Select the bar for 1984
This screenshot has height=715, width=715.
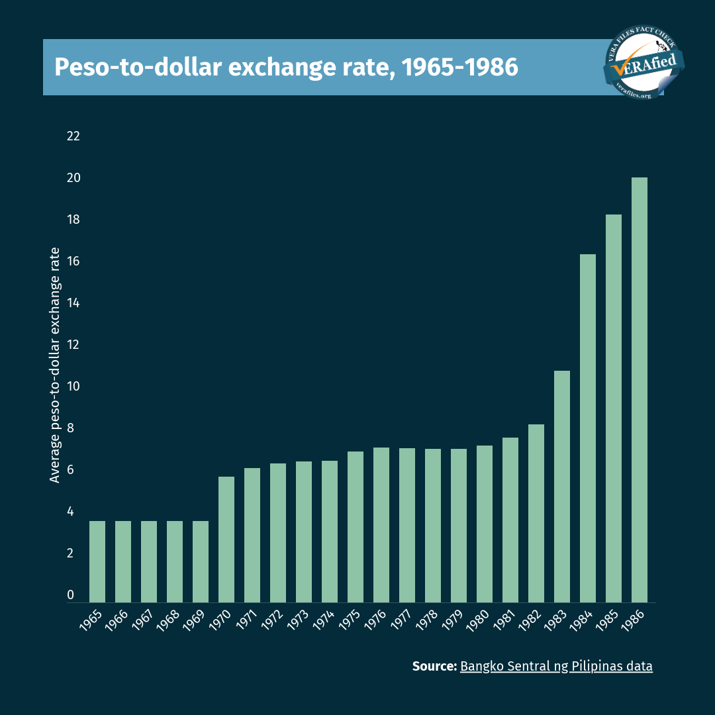(x=587, y=428)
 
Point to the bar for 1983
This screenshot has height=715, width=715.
(x=561, y=486)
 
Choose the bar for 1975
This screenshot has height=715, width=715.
(x=356, y=526)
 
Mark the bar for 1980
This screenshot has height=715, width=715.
(x=485, y=523)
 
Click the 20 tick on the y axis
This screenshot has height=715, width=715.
(x=73, y=178)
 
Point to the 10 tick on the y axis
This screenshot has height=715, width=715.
(x=73, y=387)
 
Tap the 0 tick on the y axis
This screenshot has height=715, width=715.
(x=71, y=595)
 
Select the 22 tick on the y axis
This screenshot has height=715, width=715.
(x=73, y=136)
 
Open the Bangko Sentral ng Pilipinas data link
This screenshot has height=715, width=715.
(x=556, y=666)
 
